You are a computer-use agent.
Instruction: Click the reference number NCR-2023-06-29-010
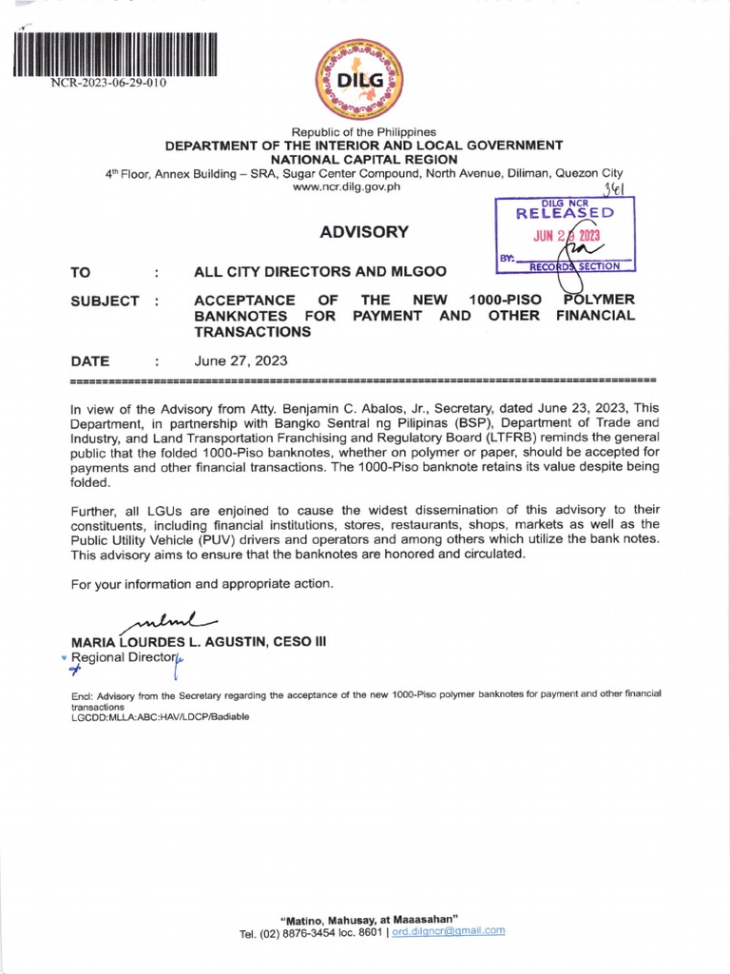point(110,83)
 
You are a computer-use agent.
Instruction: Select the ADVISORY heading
point(364,231)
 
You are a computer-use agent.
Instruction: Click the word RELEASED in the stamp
point(565,214)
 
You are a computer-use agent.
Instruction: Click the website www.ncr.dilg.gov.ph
point(364,186)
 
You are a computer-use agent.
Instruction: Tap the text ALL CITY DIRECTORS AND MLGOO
point(320,272)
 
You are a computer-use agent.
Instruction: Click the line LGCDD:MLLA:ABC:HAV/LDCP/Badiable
point(160,717)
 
